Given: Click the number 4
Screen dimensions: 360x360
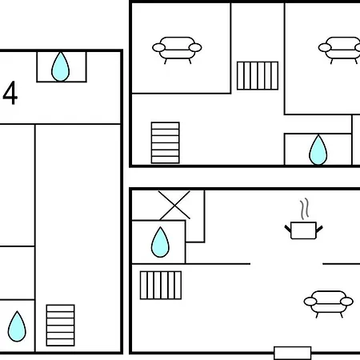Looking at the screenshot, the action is [10, 93].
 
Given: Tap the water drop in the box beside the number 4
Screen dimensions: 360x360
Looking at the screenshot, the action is [61, 66].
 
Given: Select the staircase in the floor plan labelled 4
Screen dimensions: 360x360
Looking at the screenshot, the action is [60, 325].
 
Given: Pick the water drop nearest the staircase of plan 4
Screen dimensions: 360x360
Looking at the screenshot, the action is [17, 326].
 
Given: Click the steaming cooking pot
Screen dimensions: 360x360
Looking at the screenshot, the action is [303, 230].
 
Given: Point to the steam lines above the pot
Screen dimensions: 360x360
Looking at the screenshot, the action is [305, 209].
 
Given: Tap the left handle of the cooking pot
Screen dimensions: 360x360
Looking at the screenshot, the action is [288, 229].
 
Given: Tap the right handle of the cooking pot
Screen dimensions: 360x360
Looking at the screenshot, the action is [319, 229].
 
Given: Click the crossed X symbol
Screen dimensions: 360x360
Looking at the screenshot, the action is [174, 205].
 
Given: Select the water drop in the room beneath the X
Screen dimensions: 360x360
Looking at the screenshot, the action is [160, 242].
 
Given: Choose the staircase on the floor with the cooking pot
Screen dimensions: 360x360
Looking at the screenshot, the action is [161, 285].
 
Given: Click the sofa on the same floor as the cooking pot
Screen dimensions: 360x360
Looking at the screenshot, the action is [329, 304].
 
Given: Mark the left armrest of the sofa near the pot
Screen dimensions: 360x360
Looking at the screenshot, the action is [310, 302].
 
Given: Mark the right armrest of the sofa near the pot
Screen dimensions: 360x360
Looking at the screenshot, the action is [346, 302].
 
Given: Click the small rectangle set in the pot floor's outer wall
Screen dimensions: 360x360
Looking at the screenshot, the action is [293, 353].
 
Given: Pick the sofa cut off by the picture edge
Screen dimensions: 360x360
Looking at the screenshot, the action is [339, 50].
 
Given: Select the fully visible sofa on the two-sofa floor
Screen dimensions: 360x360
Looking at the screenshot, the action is [177, 50].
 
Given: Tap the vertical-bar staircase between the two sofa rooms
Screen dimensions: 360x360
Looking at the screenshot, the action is [258, 76].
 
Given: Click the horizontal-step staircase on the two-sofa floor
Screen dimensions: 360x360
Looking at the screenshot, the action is [166, 142].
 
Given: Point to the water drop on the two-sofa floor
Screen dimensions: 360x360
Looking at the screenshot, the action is [318, 150].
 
